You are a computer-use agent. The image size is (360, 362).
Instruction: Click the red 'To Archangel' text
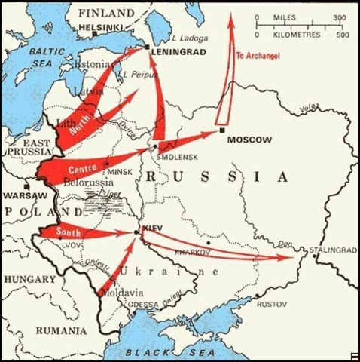(x=258, y=56)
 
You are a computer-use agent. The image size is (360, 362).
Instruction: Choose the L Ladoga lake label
(x=188, y=37)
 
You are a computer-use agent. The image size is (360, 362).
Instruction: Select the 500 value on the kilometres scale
(x=343, y=35)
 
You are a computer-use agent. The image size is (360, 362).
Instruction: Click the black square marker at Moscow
(x=222, y=130)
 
